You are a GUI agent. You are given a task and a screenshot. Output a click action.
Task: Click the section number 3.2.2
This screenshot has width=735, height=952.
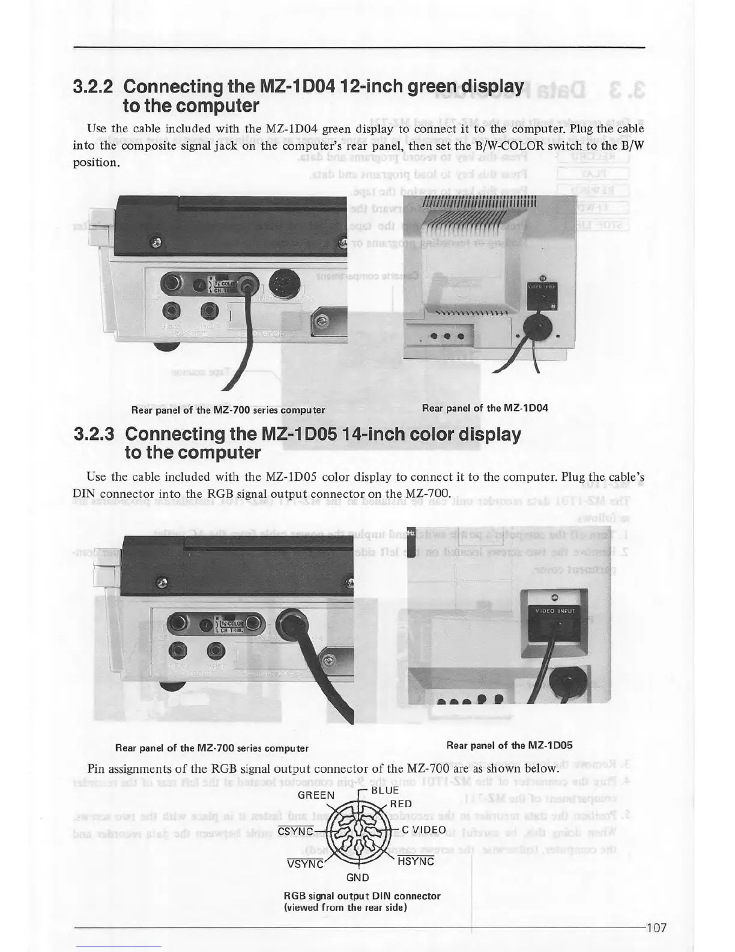[x=92, y=87]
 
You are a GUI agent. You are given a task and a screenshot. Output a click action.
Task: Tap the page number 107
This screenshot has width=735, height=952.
[x=656, y=928]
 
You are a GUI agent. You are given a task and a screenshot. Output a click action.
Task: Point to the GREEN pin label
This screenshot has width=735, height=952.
[x=316, y=795]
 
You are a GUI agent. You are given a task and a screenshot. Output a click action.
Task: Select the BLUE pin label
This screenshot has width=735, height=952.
[x=385, y=790]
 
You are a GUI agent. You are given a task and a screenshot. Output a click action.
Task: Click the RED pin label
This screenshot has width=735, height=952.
[x=401, y=804]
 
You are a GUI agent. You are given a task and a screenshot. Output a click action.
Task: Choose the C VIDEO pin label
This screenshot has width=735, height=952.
[x=424, y=831]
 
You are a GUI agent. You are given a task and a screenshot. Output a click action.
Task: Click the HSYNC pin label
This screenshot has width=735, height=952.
[x=416, y=862]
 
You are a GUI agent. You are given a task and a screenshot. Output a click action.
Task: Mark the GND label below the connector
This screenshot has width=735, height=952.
[x=358, y=877]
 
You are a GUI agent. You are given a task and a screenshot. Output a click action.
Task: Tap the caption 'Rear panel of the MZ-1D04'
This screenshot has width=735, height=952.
[x=485, y=408]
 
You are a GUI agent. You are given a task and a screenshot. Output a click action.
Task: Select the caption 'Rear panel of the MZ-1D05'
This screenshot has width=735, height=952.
[x=509, y=745]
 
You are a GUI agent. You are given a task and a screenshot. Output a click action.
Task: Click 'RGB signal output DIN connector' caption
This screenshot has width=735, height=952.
[x=362, y=896]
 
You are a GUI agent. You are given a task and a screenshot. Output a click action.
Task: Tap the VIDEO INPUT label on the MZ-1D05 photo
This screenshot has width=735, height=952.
[x=555, y=611]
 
